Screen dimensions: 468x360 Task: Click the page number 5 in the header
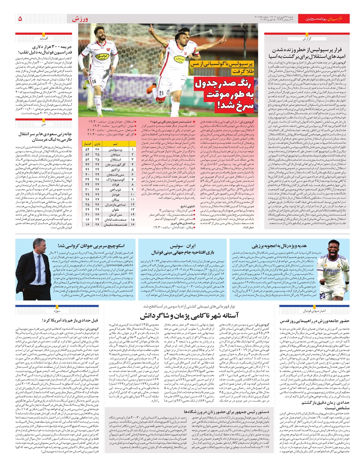[20, 19]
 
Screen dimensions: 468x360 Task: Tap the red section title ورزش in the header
[80, 19]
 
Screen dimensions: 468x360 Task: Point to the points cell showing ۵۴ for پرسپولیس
[87, 149]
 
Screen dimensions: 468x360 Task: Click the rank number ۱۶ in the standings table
[132, 224]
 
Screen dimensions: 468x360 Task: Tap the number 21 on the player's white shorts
[161, 93]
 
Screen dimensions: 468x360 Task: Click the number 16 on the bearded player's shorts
[94, 82]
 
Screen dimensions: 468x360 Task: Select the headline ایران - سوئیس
[183, 246]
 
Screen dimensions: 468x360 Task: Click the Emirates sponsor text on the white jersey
[331, 271]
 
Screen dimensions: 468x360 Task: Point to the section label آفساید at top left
[44, 38]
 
